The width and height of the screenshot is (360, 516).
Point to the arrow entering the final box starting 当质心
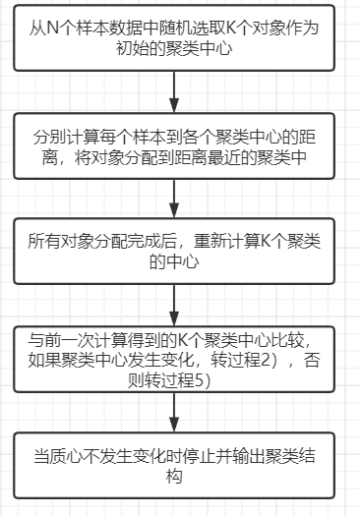click(174, 411)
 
